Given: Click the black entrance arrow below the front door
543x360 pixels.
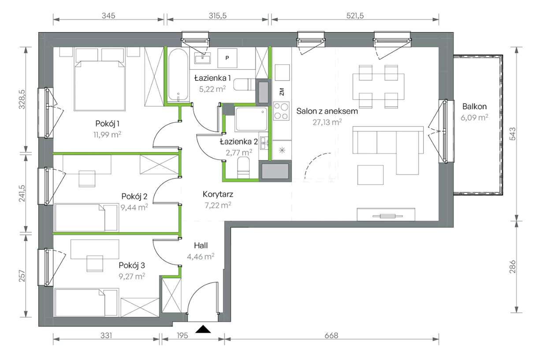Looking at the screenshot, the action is pos(203,329).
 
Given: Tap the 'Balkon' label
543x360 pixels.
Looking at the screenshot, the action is pos(474,107).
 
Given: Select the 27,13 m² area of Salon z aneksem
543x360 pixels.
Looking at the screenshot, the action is pos(327,122).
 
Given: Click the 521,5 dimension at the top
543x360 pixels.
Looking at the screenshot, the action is pos(355,16).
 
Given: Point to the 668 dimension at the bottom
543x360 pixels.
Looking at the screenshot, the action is pos(331,335).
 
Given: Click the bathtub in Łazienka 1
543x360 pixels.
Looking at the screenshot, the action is pos(178,75).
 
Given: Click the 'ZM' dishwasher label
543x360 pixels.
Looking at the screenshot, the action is pos(282,92).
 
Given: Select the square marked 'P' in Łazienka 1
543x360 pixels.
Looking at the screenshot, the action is pos(227,58).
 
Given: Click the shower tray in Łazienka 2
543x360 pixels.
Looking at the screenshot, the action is pos(251,119).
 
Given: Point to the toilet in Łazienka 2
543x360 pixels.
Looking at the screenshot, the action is pos(243,167).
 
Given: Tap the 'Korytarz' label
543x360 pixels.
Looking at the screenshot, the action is pos(218,194).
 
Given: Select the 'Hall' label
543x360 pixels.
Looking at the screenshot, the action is pos(201,245).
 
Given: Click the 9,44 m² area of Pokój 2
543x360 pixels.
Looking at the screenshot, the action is pos(134,207).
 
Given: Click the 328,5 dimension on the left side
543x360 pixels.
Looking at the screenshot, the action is pos(22,99).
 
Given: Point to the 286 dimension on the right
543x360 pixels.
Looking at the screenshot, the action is pos(513,267).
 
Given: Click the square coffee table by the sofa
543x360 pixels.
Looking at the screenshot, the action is pos(370,175).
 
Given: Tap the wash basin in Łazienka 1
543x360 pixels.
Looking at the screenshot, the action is pos(202,58).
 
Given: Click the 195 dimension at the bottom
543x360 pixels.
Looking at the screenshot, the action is pos(182,335).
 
